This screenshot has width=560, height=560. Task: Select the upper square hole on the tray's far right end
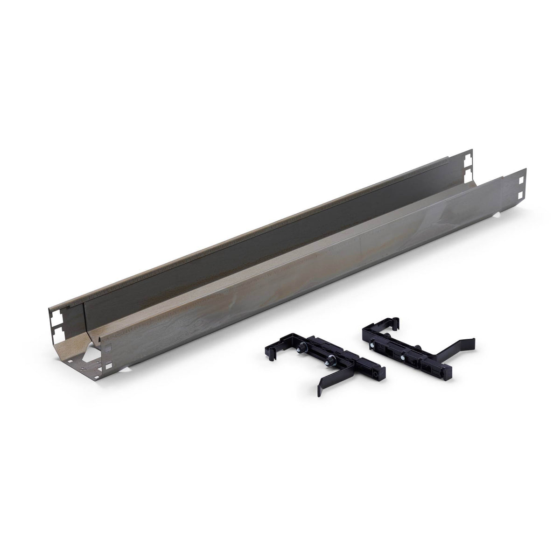tap(520, 179)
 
